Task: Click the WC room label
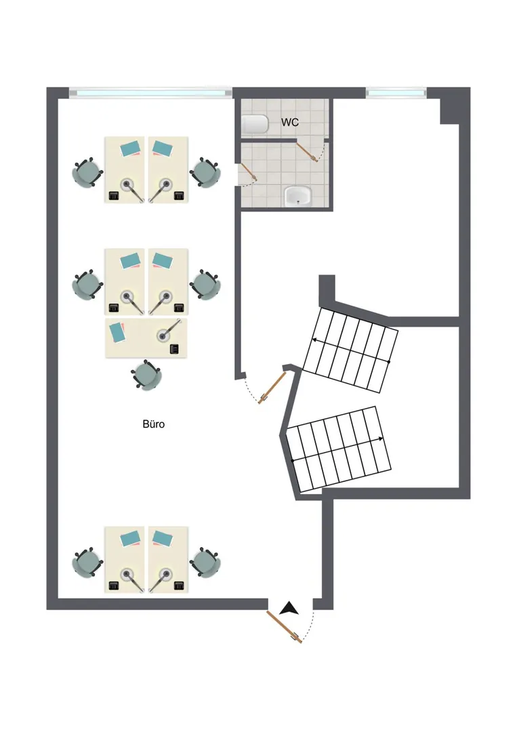click(x=289, y=122)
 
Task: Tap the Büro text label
click(x=154, y=424)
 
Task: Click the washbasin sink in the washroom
click(x=297, y=196)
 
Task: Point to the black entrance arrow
click(x=289, y=608)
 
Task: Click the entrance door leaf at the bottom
click(x=284, y=626)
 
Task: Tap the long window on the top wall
click(x=150, y=92)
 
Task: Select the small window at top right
click(x=396, y=92)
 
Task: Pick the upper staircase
click(x=350, y=350)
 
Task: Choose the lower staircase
click(x=339, y=449)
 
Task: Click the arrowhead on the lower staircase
click(x=381, y=439)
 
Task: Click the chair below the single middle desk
click(x=146, y=375)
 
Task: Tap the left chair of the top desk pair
click(x=87, y=174)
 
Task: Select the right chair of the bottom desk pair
click(x=205, y=562)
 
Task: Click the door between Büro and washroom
click(x=249, y=171)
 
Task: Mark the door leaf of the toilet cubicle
click(x=308, y=152)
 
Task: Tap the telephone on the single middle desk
click(x=175, y=348)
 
